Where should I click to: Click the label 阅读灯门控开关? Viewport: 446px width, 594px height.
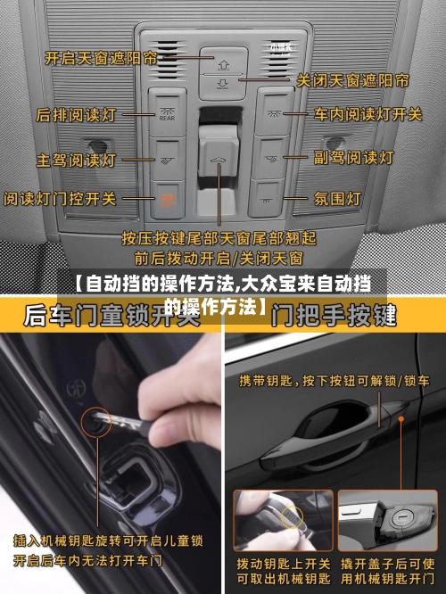tap(60, 197)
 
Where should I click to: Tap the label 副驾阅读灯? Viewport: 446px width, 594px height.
tap(353, 157)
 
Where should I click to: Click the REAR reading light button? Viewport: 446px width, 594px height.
tap(168, 110)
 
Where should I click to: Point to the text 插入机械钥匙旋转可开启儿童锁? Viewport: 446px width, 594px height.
tap(108, 540)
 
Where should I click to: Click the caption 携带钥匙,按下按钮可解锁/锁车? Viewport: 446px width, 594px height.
tap(334, 381)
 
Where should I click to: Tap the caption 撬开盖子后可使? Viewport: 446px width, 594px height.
tap(386, 564)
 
